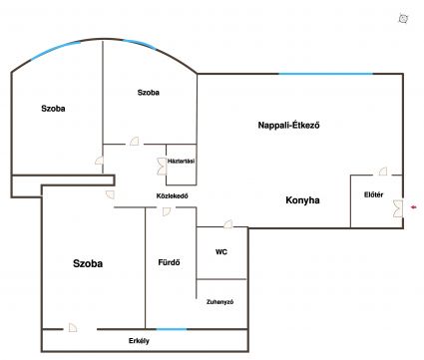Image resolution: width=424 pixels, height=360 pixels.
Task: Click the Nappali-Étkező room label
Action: (x=288, y=126)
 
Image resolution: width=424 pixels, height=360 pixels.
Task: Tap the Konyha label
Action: (x=302, y=200)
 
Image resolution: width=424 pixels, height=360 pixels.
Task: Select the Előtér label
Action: (x=373, y=194)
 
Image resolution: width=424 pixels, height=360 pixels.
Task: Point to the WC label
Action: (x=221, y=252)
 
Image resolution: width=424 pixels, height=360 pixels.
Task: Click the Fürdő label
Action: (x=169, y=262)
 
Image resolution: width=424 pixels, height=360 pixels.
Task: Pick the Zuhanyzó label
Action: (x=219, y=302)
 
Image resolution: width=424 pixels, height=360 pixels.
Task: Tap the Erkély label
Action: (x=139, y=341)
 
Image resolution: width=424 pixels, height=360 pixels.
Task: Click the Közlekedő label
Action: (x=173, y=196)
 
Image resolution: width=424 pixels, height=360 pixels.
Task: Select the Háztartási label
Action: (x=181, y=162)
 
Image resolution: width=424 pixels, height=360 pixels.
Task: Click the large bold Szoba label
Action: (x=88, y=263)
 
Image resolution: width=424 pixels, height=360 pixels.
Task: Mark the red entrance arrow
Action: (x=414, y=207)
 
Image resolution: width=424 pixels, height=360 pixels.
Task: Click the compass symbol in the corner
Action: (x=403, y=19)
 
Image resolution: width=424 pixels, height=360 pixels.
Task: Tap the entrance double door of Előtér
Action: (x=398, y=208)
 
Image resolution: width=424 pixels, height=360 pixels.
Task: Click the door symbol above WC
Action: (x=228, y=224)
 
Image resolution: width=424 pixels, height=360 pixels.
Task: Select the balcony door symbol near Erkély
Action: (x=73, y=327)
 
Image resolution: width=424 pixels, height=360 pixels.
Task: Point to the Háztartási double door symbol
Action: (x=162, y=167)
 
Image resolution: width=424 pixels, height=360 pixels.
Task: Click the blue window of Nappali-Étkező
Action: (x=325, y=74)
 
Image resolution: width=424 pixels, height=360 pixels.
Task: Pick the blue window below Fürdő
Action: (x=172, y=329)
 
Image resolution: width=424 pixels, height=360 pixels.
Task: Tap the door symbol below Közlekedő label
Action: (x=167, y=211)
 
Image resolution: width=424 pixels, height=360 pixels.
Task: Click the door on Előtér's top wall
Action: (x=383, y=172)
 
